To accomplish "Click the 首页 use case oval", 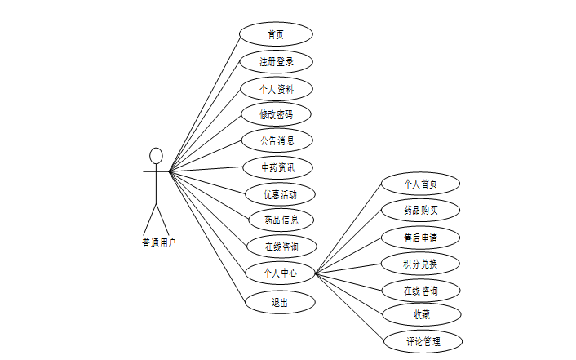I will pos(276,34).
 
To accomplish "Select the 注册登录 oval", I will pos(276,61).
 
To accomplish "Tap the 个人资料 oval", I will pos(276,88).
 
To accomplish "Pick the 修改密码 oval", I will pos(276,114).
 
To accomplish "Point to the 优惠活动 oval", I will pos(280,194).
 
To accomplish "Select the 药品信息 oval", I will pos(280,220).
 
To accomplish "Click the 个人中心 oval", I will pos(280,273).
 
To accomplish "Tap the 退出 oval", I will pos(280,301).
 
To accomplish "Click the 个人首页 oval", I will pos(420,184).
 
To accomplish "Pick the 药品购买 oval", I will pos(420,210).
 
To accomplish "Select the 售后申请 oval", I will pos(420,238).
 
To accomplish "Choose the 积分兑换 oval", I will pos(420,263).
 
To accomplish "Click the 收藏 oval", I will pos(420,314).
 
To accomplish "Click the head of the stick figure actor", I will pos(156,155).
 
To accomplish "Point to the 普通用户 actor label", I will pos(158,242).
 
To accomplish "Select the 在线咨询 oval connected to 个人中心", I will pos(420,290).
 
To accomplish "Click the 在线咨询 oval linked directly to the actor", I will pos(280,246).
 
